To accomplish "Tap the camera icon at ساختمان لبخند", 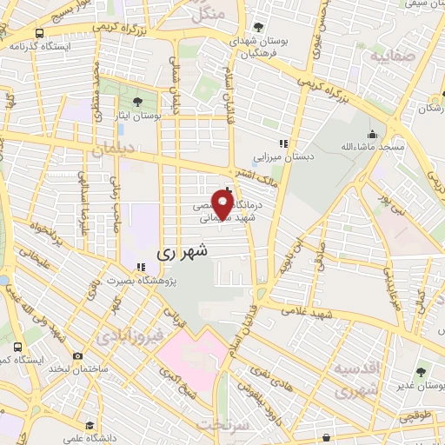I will pyautogui.click(x=78, y=355).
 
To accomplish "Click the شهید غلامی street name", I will pyautogui.click(x=323, y=314).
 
